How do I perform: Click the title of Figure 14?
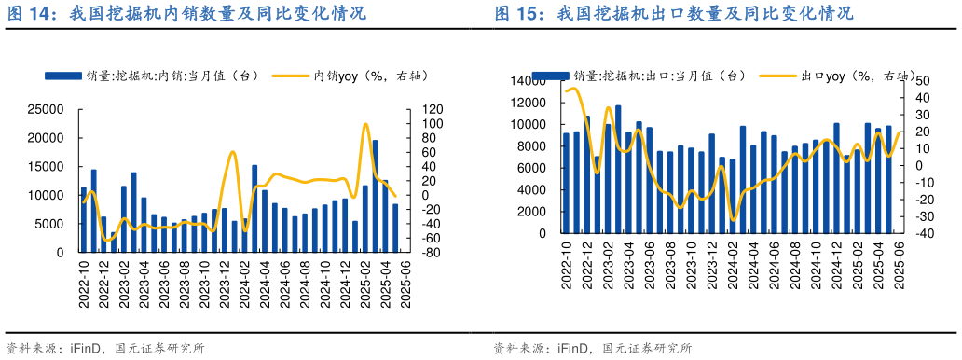tap(186, 14)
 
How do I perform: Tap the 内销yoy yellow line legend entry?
tap(355, 76)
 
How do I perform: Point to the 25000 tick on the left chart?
tap(47, 110)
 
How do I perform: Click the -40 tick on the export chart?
tap(918, 234)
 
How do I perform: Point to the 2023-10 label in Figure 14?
tap(204, 280)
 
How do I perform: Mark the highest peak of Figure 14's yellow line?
tap(365, 124)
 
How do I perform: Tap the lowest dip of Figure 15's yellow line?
tap(734, 220)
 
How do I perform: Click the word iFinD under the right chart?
tap(573, 349)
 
